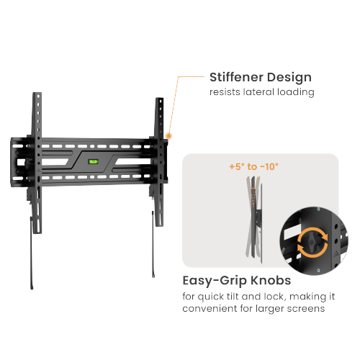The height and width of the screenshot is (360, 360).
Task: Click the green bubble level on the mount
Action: click(94, 161)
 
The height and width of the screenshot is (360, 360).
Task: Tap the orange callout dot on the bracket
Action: click(168, 136)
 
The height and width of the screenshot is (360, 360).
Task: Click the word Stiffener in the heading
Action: click(236, 77)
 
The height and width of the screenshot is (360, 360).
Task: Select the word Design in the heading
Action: click(289, 78)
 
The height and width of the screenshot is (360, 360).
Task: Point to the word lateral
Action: click(258, 92)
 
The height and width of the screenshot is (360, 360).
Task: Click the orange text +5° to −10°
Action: click(254, 166)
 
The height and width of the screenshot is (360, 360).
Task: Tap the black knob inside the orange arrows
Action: click(312, 242)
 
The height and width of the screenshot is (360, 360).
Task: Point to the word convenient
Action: click(210, 308)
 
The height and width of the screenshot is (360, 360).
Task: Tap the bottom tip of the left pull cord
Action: click(32, 288)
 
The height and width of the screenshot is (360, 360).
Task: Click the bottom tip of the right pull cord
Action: click(153, 276)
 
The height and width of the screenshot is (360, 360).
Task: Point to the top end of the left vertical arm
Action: click(37, 93)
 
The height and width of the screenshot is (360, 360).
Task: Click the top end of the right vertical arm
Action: click(160, 98)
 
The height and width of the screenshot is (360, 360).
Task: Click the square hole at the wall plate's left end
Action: click(21, 163)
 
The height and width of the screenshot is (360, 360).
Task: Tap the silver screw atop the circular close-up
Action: click(318, 210)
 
